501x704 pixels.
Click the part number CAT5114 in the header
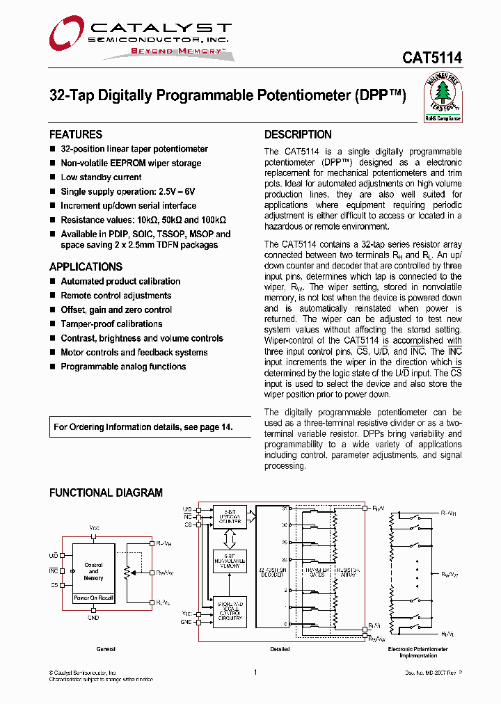click(x=431, y=59)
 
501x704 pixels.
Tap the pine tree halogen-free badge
click(x=443, y=97)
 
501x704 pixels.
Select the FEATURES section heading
click(x=76, y=134)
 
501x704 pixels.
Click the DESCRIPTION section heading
click(x=298, y=134)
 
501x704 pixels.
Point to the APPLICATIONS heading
click(x=86, y=266)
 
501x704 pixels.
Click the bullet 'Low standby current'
click(x=101, y=177)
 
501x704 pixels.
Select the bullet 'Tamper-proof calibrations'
click(x=111, y=323)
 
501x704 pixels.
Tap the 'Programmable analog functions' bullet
click(x=123, y=367)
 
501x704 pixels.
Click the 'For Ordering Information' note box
click(x=143, y=427)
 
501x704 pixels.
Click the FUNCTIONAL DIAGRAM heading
click(x=106, y=493)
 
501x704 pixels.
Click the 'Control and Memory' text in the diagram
click(x=94, y=571)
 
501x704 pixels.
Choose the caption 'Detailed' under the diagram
click(x=280, y=649)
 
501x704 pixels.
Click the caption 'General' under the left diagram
click(x=106, y=649)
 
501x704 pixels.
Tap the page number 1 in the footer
click(x=255, y=672)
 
